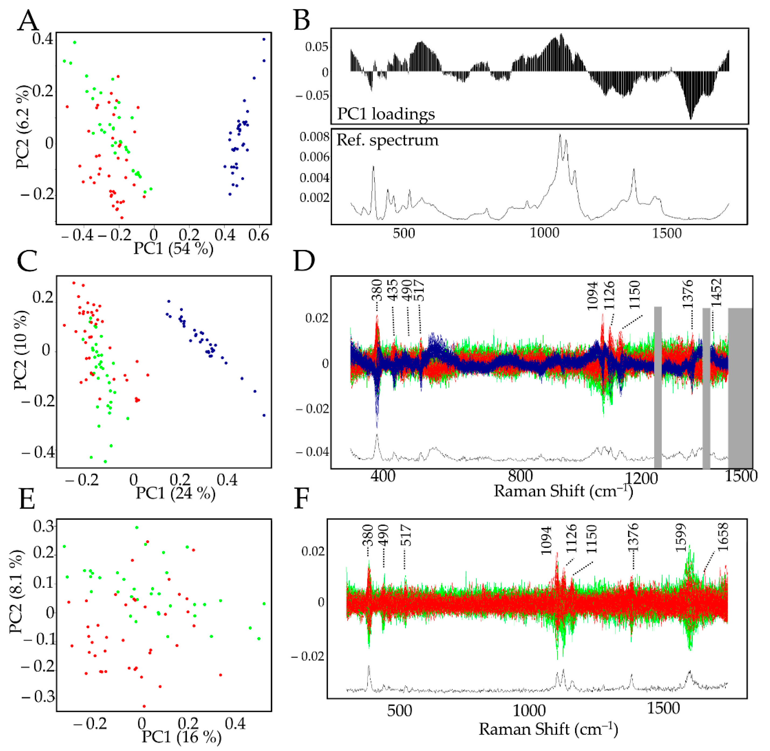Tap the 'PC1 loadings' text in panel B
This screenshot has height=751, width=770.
[x=386, y=114]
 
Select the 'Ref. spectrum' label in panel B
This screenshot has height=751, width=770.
[x=387, y=140]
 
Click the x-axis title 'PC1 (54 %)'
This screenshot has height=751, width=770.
[x=173, y=249]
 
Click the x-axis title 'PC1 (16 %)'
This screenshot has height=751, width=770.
[x=182, y=736]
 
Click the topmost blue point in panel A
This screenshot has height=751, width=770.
[x=264, y=39]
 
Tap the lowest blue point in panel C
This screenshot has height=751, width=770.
[x=264, y=415]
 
